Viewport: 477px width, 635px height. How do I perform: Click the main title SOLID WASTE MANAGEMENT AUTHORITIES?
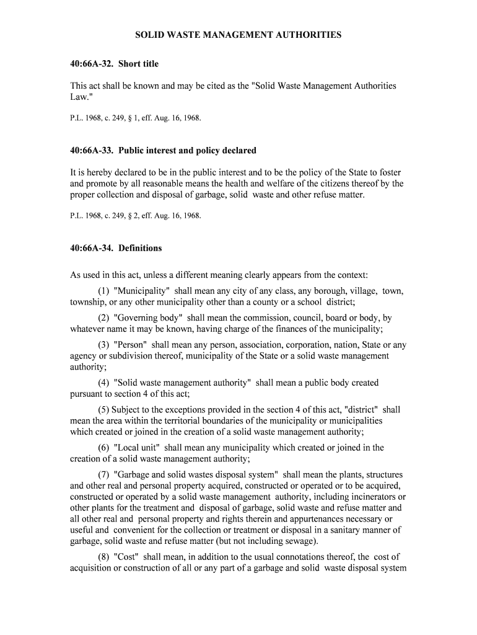point(239,35)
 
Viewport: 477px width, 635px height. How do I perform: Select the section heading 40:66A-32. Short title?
point(114,64)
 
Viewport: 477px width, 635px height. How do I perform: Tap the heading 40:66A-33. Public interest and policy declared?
point(163,151)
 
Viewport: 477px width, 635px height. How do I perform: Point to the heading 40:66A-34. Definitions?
point(116,248)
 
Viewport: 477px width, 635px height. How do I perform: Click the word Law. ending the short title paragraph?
point(81,97)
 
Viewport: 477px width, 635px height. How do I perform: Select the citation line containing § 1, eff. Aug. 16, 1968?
point(136,117)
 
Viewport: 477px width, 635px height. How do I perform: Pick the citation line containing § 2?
point(136,216)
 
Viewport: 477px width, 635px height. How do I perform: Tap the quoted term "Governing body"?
point(146,317)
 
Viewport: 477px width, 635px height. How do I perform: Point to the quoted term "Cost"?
point(126,557)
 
